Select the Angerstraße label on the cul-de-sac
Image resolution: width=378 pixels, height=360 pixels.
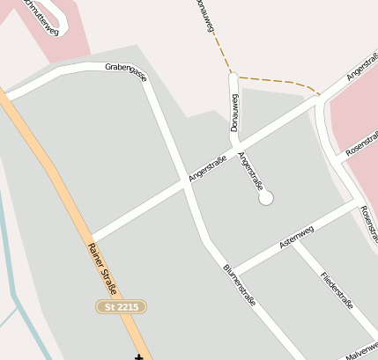[251, 172]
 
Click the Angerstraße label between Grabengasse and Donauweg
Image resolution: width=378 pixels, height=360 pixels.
[208, 170]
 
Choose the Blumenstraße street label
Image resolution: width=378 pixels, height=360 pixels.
[239, 284]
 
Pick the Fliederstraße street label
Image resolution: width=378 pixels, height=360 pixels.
[337, 290]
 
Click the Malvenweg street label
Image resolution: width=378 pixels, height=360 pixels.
[362, 351]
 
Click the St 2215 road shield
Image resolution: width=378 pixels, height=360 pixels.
[121, 306]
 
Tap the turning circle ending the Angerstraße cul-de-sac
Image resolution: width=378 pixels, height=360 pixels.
[266, 199]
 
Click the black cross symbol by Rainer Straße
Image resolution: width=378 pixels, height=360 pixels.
[138, 356]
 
